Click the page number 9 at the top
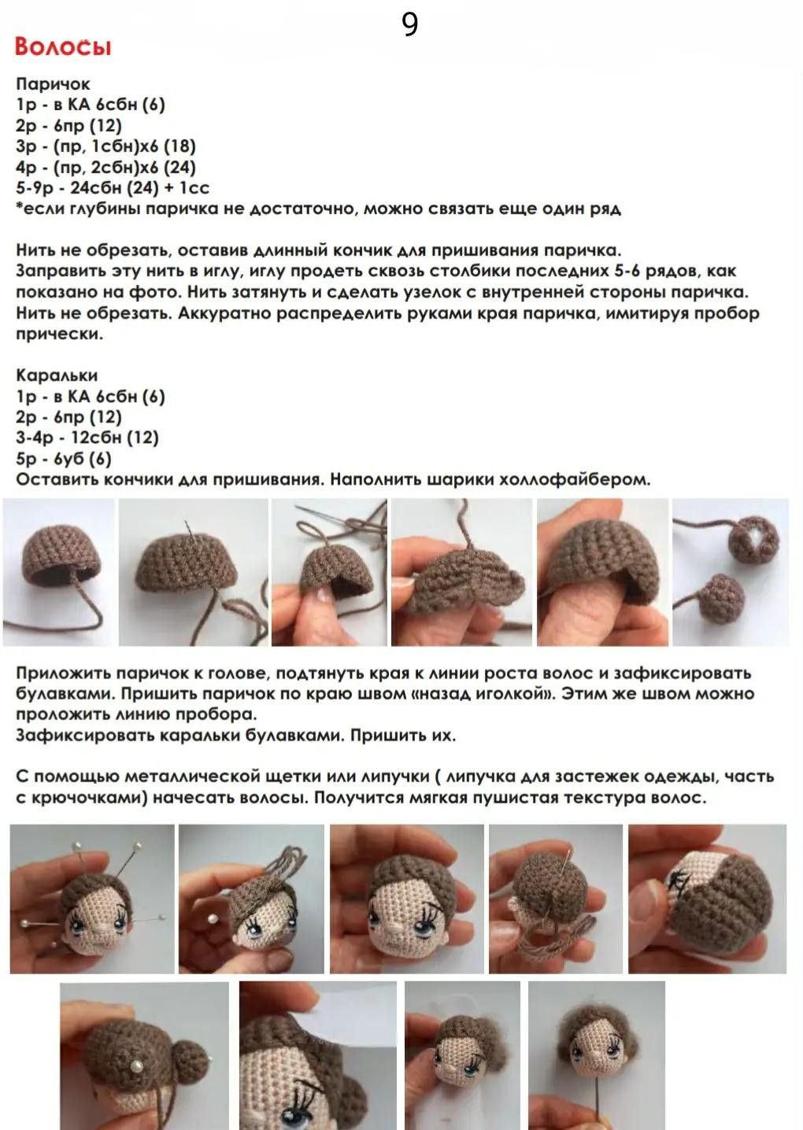point(409,24)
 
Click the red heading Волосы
point(63,46)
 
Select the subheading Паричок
point(53,83)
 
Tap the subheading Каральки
point(57,375)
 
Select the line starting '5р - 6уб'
point(63,459)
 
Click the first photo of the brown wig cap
point(59,571)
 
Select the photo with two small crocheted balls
point(730,571)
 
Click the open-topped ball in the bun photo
point(753,539)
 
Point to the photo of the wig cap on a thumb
point(602,571)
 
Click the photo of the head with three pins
point(91,899)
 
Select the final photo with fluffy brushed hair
point(596,1054)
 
